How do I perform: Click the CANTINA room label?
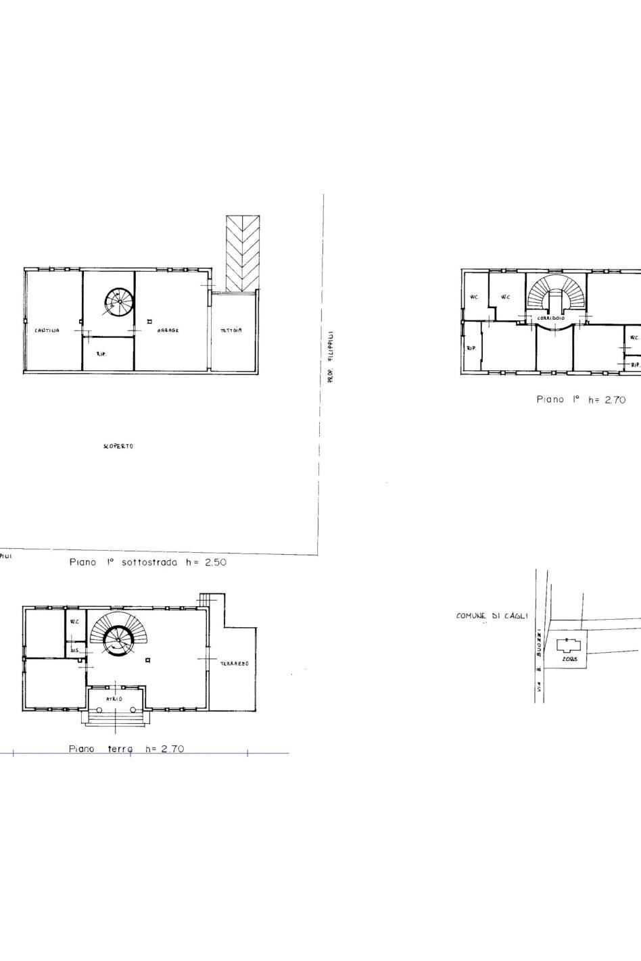point(47,330)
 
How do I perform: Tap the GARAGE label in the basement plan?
point(168,330)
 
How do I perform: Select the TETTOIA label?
point(231,330)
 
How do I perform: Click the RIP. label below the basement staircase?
point(102,353)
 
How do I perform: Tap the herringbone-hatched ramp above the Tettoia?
point(243,253)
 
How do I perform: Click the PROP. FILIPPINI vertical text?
point(331,358)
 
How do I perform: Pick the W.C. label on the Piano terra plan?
point(74,621)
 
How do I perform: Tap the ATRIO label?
point(114,699)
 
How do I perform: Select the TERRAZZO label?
point(235,664)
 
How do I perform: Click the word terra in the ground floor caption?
point(120,749)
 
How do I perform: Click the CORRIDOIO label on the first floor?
point(551,318)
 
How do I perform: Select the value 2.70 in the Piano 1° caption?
point(615,399)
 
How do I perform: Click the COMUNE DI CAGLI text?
point(492,616)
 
